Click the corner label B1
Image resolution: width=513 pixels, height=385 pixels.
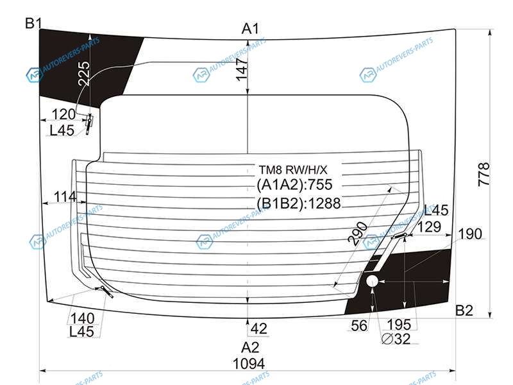pos(33,23)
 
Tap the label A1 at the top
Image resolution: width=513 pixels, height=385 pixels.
pos(250,29)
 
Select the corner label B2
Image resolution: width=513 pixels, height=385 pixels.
pos(464,310)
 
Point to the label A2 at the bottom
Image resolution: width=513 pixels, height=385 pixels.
pos(250,347)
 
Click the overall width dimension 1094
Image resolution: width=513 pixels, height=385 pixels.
pos(249,364)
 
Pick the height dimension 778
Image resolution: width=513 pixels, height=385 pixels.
pos(484,174)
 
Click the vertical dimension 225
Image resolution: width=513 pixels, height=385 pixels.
pos(84,73)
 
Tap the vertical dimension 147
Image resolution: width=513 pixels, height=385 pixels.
pos(242,69)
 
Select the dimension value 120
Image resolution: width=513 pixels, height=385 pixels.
pos(63,115)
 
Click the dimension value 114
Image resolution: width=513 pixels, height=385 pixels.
pos(65,197)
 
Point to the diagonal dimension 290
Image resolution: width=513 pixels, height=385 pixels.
pos(358,234)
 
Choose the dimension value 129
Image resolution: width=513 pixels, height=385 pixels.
pos(429,227)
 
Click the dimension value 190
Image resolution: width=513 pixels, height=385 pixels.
pos(470,234)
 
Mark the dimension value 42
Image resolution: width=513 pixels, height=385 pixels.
pos(259,329)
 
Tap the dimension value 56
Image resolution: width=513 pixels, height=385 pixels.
pos(359,326)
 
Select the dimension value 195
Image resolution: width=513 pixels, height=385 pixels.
pos(399,325)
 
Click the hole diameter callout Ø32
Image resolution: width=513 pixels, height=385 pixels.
pos(396,339)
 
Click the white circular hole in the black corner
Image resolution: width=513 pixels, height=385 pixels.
pos(372,281)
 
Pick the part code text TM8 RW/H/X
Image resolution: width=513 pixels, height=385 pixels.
pos(293,170)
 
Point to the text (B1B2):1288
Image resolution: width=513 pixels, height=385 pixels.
pos(298,203)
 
